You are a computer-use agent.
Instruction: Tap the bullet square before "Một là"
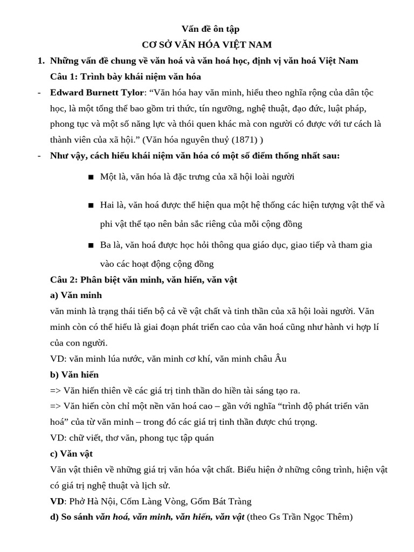[91, 177]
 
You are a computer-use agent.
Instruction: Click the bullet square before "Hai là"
[91, 205]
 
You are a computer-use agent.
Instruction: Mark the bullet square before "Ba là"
[91, 245]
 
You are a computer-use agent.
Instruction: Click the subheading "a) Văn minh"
[75, 295]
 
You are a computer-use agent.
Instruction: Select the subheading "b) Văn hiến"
[74, 374]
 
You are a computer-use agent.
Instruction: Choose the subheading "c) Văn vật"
[71, 453]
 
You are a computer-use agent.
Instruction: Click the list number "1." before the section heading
[41, 61]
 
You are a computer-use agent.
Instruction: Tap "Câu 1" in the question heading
[63, 77]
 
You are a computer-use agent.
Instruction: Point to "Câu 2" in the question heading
[63, 280]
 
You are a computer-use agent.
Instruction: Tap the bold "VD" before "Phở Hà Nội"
[57, 501]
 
